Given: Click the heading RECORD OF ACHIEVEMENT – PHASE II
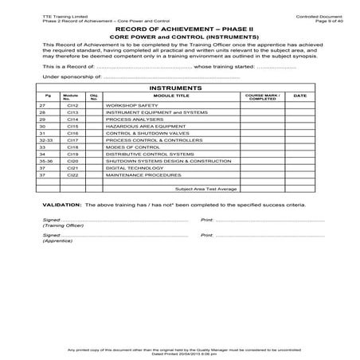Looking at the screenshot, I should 179,29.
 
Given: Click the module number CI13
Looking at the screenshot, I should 72,112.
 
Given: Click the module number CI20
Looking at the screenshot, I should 72,162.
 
